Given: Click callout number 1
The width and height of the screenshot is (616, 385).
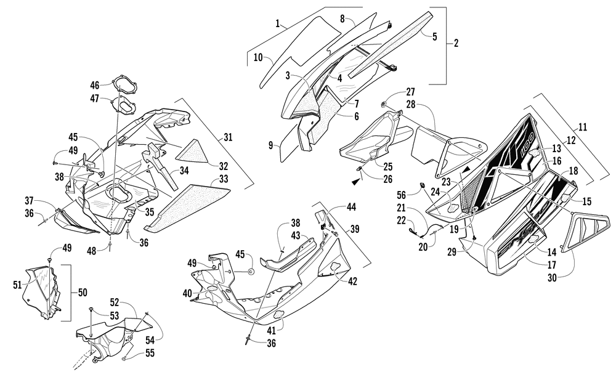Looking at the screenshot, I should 278,25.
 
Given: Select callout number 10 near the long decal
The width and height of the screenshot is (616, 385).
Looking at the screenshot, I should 258,57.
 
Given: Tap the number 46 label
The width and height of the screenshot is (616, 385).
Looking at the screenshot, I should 95,85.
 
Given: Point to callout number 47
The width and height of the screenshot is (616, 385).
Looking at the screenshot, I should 95,98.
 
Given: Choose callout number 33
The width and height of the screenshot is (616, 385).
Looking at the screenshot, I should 224,180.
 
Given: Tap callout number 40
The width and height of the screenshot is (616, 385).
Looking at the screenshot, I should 187,294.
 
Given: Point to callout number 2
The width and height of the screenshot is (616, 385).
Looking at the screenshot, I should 456,43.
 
